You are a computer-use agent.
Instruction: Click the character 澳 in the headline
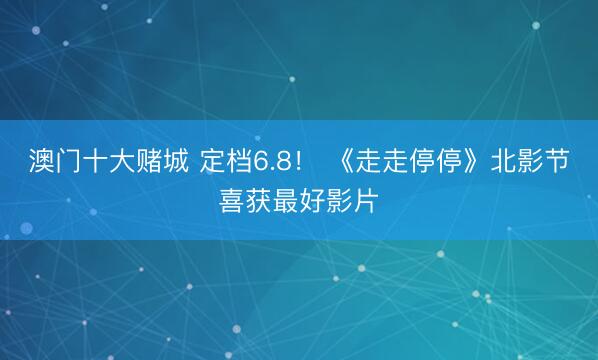(42, 161)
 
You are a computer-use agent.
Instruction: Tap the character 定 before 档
(212, 161)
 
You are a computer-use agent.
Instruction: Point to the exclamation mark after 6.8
(298, 162)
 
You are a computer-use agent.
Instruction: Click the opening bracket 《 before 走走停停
(346, 161)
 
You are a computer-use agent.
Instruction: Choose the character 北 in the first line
(503, 161)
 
